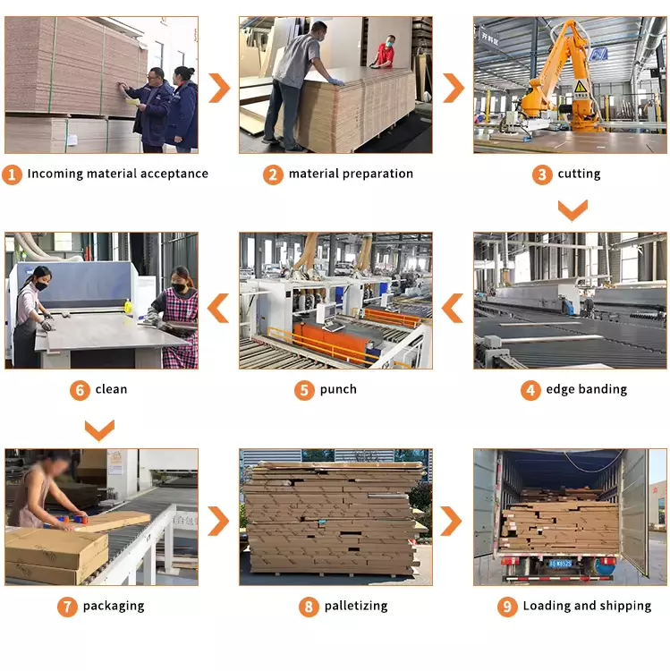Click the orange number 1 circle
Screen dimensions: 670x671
pyautogui.click(x=12, y=174)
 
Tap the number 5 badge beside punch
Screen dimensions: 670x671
pyautogui.click(x=304, y=390)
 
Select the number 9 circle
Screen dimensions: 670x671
pyautogui.click(x=507, y=607)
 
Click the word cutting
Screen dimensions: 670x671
pyautogui.click(x=579, y=174)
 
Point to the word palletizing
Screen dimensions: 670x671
pyautogui.click(x=356, y=606)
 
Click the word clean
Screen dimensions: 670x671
pyautogui.click(x=111, y=389)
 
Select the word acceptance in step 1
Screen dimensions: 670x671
pyautogui.click(x=174, y=174)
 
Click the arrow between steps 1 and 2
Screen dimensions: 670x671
pyautogui.click(x=219, y=88)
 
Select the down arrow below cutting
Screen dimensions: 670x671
pyautogui.click(x=572, y=210)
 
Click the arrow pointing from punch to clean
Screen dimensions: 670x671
pyautogui.click(x=218, y=308)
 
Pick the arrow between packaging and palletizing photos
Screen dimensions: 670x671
pyautogui.click(x=218, y=521)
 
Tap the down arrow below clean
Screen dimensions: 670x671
pyautogui.click(x=99, y=430)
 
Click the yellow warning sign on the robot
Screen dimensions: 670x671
pyautogui.click(x=580, y=86)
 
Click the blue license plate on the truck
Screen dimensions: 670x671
pyautogui.click(x=561, y=564)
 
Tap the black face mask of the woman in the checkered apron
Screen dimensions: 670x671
pyautogui.click(x=179, y=287)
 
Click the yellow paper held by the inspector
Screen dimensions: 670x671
pyautogui.click(x=131, y=102)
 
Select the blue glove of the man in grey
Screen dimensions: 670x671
pyautogui.click(x=336, y=81)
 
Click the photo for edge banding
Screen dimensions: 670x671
pyautogui.click(x=570, y=301)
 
